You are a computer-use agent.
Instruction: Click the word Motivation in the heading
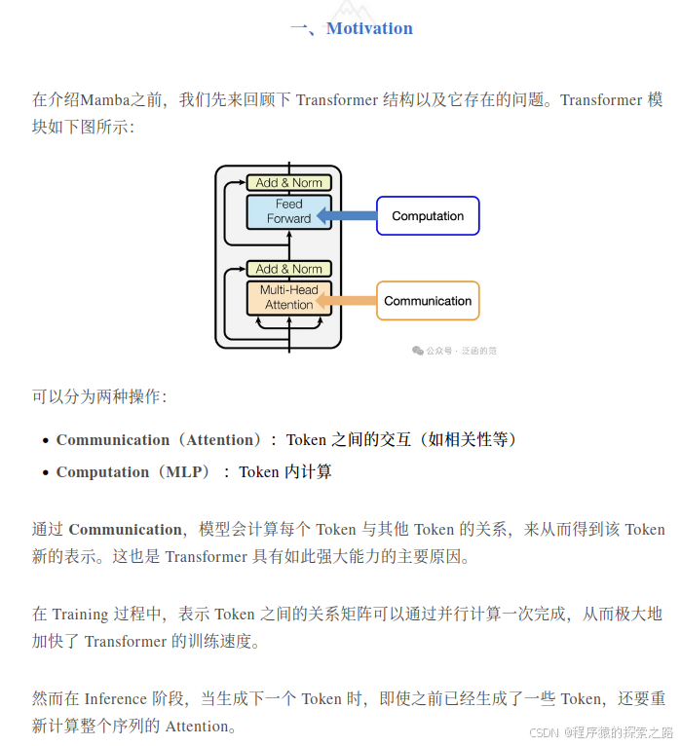coord(369,28)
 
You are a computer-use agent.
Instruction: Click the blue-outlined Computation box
coord(428,216)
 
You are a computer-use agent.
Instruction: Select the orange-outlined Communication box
coord(428,301)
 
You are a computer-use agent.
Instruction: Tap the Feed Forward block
coord(289,211)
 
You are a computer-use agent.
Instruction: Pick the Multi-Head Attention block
coord(289,297)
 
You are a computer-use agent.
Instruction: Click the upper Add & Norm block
coord(289,182)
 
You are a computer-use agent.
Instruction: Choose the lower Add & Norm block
coord(289,269)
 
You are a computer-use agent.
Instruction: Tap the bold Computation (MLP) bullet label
coord(133,472)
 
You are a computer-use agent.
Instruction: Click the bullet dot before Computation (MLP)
coord(46,473)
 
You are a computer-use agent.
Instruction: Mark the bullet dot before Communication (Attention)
coord(46,441)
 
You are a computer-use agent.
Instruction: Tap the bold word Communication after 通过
coord(125,530)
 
